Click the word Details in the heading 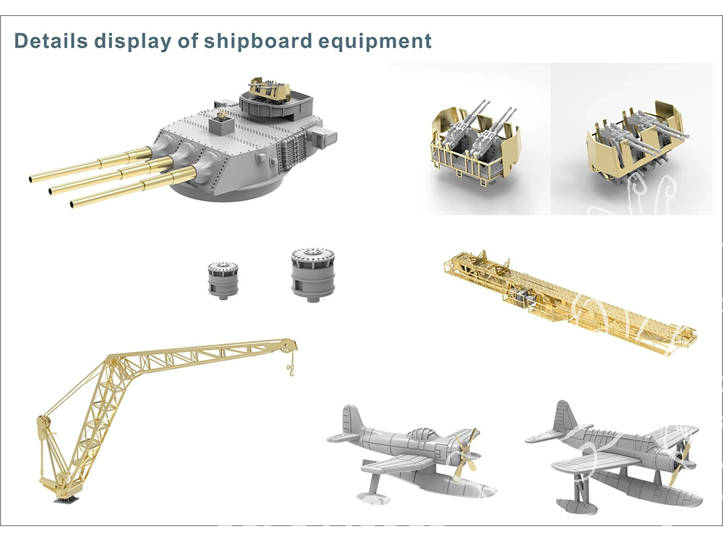click(x=51, y=40)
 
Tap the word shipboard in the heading click(x=258, y=40)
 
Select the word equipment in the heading click(x=375, y=41)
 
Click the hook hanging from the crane click(x=291, y=369)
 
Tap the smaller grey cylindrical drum click(x=223, y=279)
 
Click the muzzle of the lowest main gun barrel click(x=74, y=203)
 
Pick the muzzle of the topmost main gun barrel click(x=32, y=178)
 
